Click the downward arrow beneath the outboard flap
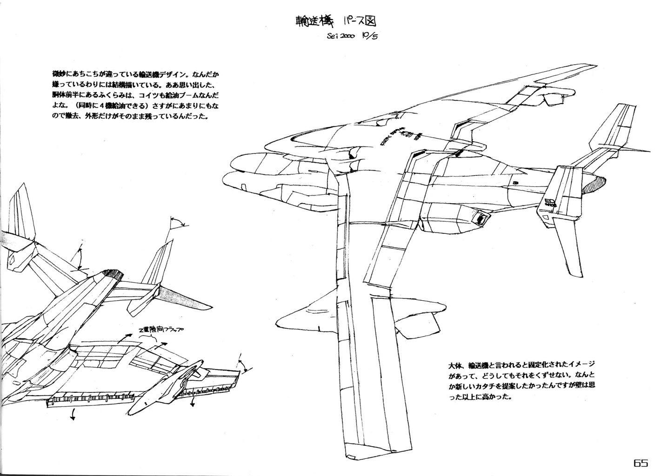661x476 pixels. [192, 403]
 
